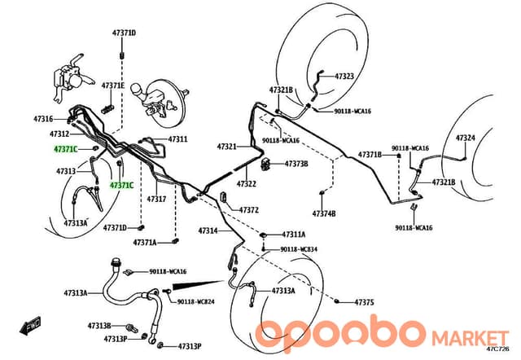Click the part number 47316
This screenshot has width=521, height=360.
pyautogui.click(x=43, y=119)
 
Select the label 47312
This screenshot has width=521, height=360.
pyautogui.click(x=59, y=134)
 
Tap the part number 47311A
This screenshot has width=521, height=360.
pyautogui.click(x=294, y=235)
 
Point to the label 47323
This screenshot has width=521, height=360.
pyautogui.click(x=344, y=77)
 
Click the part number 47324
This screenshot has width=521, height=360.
pyautogui.click(x=465, y=138)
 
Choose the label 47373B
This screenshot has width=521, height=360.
pyautogui.click(x=296, y=164)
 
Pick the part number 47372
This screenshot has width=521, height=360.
pyautogui.click(x=249, y=210)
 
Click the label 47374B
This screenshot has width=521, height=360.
pyautogui.click(x=324, y=213)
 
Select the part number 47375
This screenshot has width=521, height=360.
pyautogui.click(x=365, y=302)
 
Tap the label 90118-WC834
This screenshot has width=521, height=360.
pyautogui.click(x=299, y=249)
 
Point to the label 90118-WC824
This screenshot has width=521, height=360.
pyautogui.click(x=195, y=302)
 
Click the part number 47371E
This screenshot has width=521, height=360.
pyautogui.click(x=113, y=86)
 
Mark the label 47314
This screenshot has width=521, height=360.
pyautogui.click(x=208, y=230)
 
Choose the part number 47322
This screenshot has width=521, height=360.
pyautogui.click(x=247, y=184)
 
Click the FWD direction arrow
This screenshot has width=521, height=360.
pyautogui.click(x=30, y=324)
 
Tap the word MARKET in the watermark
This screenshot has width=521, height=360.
pyautogui.click(x=470, y=338)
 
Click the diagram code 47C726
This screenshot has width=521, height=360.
pyautogui.click(x=497, y=349)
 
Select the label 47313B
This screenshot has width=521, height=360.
pyautogui.click(x=99, y=326)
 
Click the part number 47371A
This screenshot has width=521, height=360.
pyautogui.click(x=145, y=243)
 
